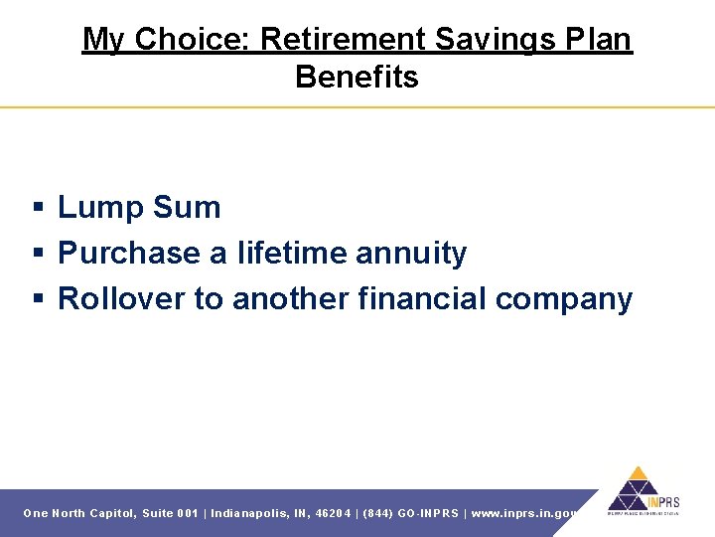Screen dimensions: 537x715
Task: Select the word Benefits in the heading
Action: pos(357,78)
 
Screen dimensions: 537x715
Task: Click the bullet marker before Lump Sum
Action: pos(37,209)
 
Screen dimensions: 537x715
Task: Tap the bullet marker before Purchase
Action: pos(37,255)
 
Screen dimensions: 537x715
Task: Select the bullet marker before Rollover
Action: pos(37,300)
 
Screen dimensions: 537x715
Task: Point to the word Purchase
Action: pos(128,254)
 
